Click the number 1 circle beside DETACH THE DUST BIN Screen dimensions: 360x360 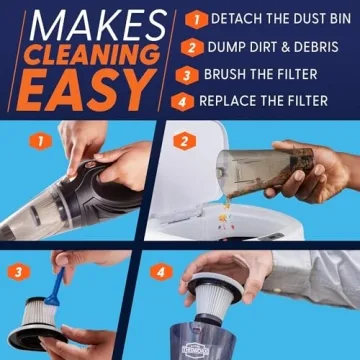pos(198,19)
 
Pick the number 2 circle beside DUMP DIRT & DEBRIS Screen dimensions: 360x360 pos(198,45)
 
